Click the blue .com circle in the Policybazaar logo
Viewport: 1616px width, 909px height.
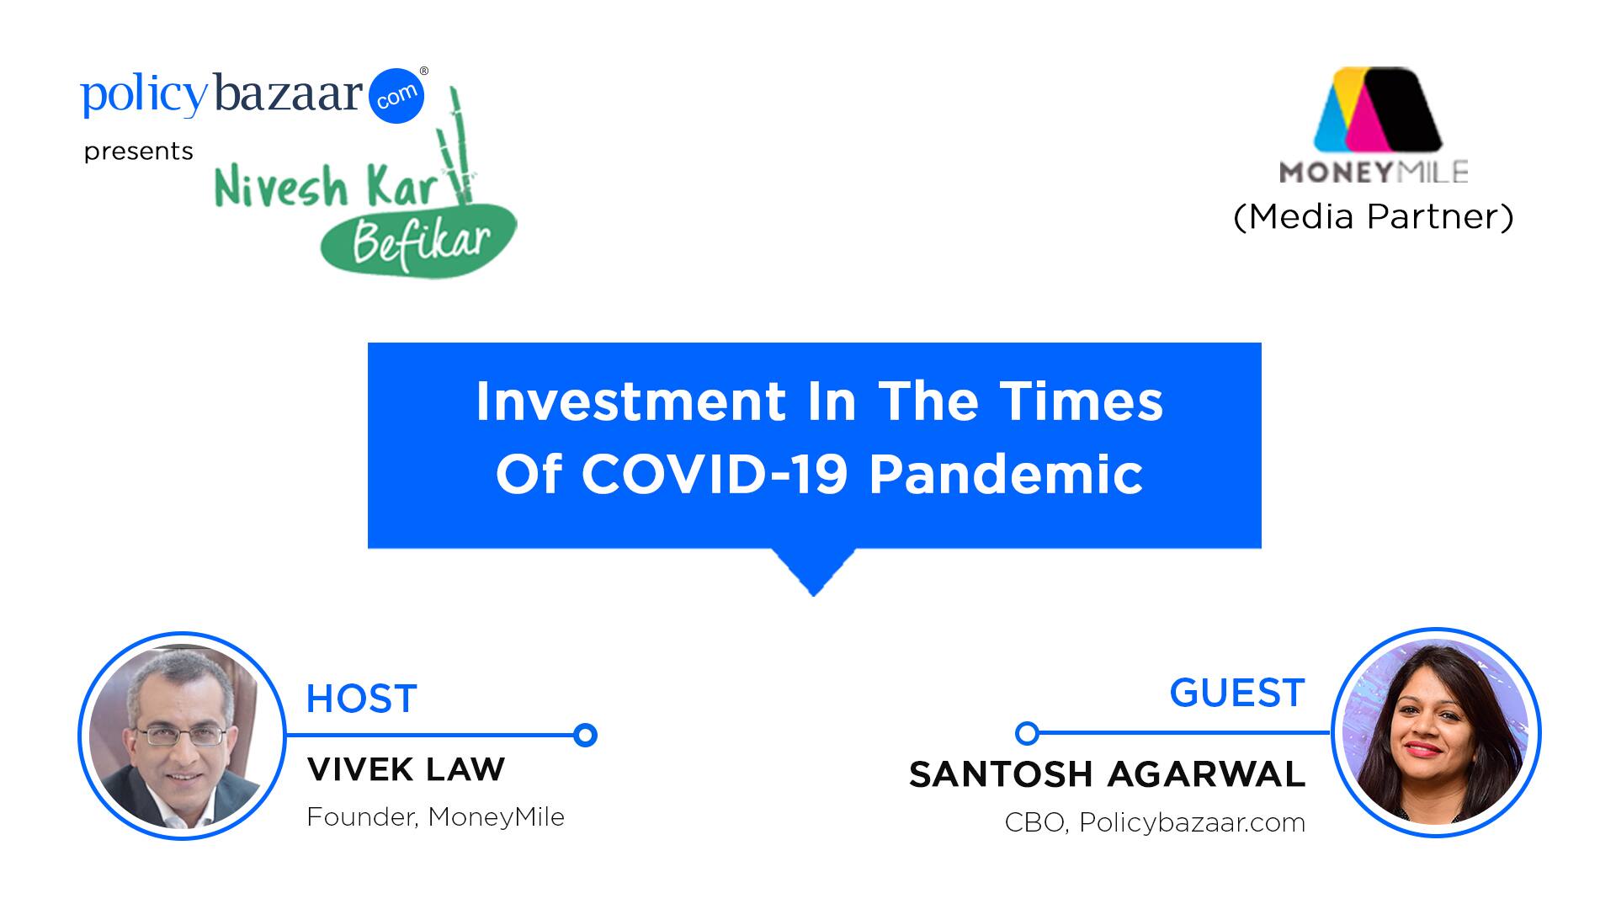point(396,95)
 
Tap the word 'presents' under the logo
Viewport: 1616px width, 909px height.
point(139,151)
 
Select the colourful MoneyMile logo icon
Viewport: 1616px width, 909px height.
point(1377,109)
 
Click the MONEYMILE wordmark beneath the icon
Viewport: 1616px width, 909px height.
point(1374,172)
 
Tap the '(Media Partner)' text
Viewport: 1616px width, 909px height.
point(1374,216)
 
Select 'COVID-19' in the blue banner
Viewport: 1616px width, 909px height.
point(715,474)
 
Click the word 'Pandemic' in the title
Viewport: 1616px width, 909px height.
point(1006,474)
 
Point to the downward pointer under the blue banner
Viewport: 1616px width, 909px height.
point(813,572)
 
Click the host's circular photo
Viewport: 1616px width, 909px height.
point(182,736)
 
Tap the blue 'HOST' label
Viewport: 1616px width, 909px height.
point(362,699)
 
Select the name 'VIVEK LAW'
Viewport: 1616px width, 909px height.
point(406,768)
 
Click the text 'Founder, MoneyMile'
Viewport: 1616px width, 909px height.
point(435,817)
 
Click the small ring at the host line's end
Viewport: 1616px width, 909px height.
point(585,735)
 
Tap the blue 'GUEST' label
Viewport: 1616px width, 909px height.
point(1237,693)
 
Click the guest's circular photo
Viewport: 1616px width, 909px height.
point(1436,732)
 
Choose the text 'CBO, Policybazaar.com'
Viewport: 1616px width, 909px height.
point(1155,822)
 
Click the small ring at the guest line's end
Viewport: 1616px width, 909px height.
point(1027,733)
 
